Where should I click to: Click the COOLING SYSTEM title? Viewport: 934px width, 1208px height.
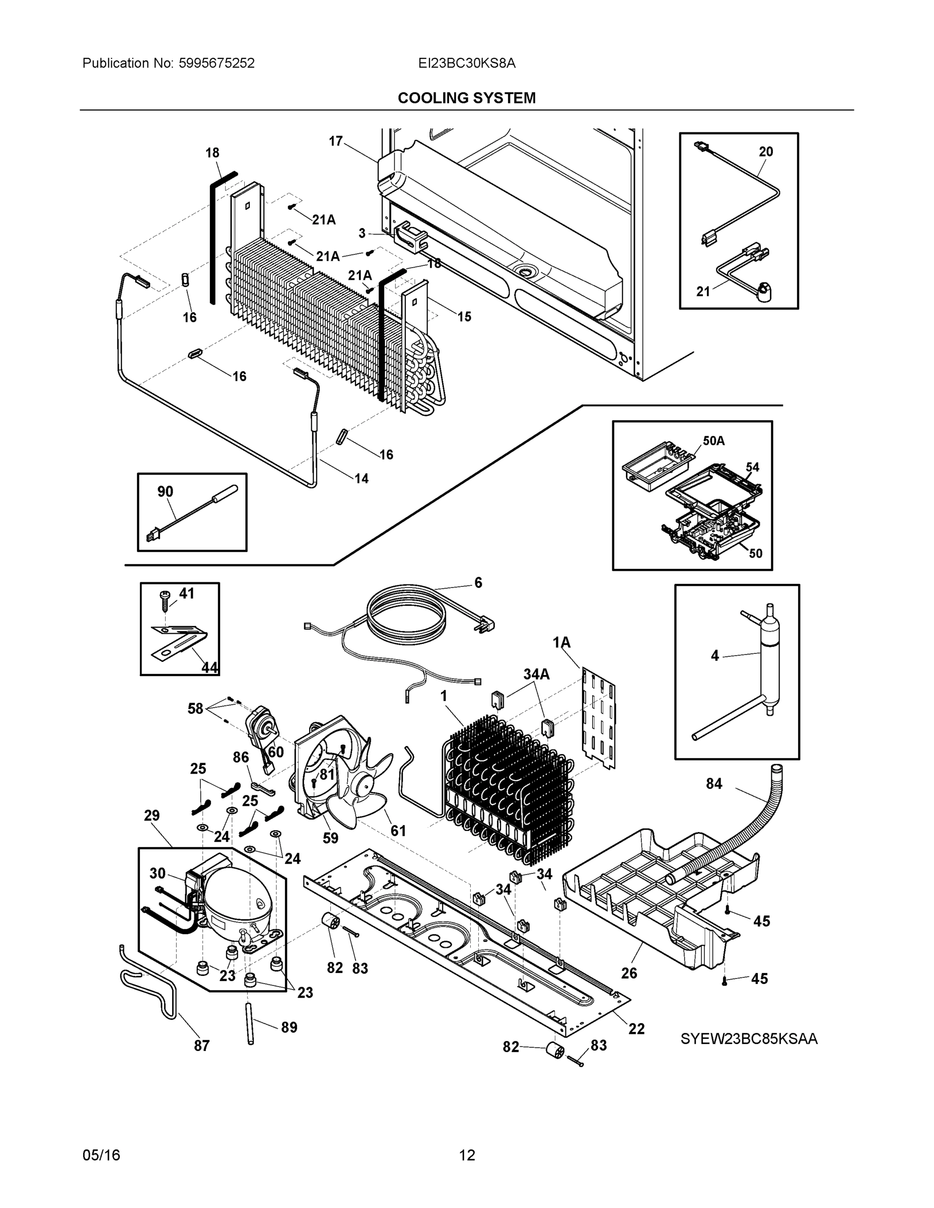(x=466, y=98)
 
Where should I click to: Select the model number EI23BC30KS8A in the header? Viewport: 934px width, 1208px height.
(x=466, y=63)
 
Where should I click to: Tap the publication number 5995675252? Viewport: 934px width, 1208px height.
(x=217, y=63)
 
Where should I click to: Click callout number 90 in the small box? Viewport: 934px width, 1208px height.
(x=165, y=491)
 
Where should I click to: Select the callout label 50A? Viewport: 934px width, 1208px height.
(x=713, y=441)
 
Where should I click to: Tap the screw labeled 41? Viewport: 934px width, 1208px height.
(x=165, y=599)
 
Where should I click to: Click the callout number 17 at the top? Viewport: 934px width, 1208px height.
(x=336, y=141)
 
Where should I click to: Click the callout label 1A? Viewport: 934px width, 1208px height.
(x=561, y=642)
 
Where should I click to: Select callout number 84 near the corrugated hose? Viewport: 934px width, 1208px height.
(x=714, y=784)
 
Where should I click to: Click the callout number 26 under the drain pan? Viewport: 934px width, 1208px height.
(x=629, y=973)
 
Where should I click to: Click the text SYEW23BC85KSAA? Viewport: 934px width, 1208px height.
(x=749, y=1039)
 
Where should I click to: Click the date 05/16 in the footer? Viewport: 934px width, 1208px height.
(x=101, y=1155)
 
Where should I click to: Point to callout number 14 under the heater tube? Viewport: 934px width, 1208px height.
(x=362, y=479)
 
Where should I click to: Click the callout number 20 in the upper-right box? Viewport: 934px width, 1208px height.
(x=766, y=151)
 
